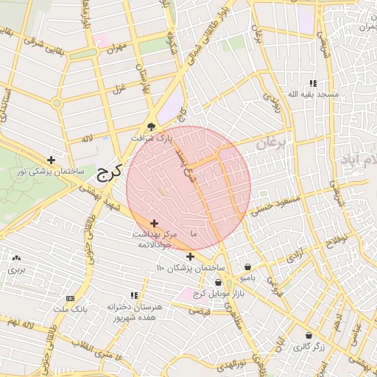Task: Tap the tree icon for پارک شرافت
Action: [x=152, y=126]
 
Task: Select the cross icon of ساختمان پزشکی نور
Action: [x=51, y=160]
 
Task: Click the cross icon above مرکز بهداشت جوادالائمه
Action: [x=154, y=223]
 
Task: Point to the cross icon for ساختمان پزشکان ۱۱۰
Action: [x=190, y=256]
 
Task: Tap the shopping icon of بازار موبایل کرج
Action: [x=218, y=283]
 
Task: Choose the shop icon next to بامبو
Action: [x=247, y=267]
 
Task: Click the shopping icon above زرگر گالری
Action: [x=308, y=335]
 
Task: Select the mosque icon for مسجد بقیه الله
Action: [x=313, y=84]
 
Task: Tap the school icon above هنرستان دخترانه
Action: [x=133, y=295]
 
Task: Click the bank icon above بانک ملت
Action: [x=70, y=298]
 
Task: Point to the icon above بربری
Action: [x=17, y=258]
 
